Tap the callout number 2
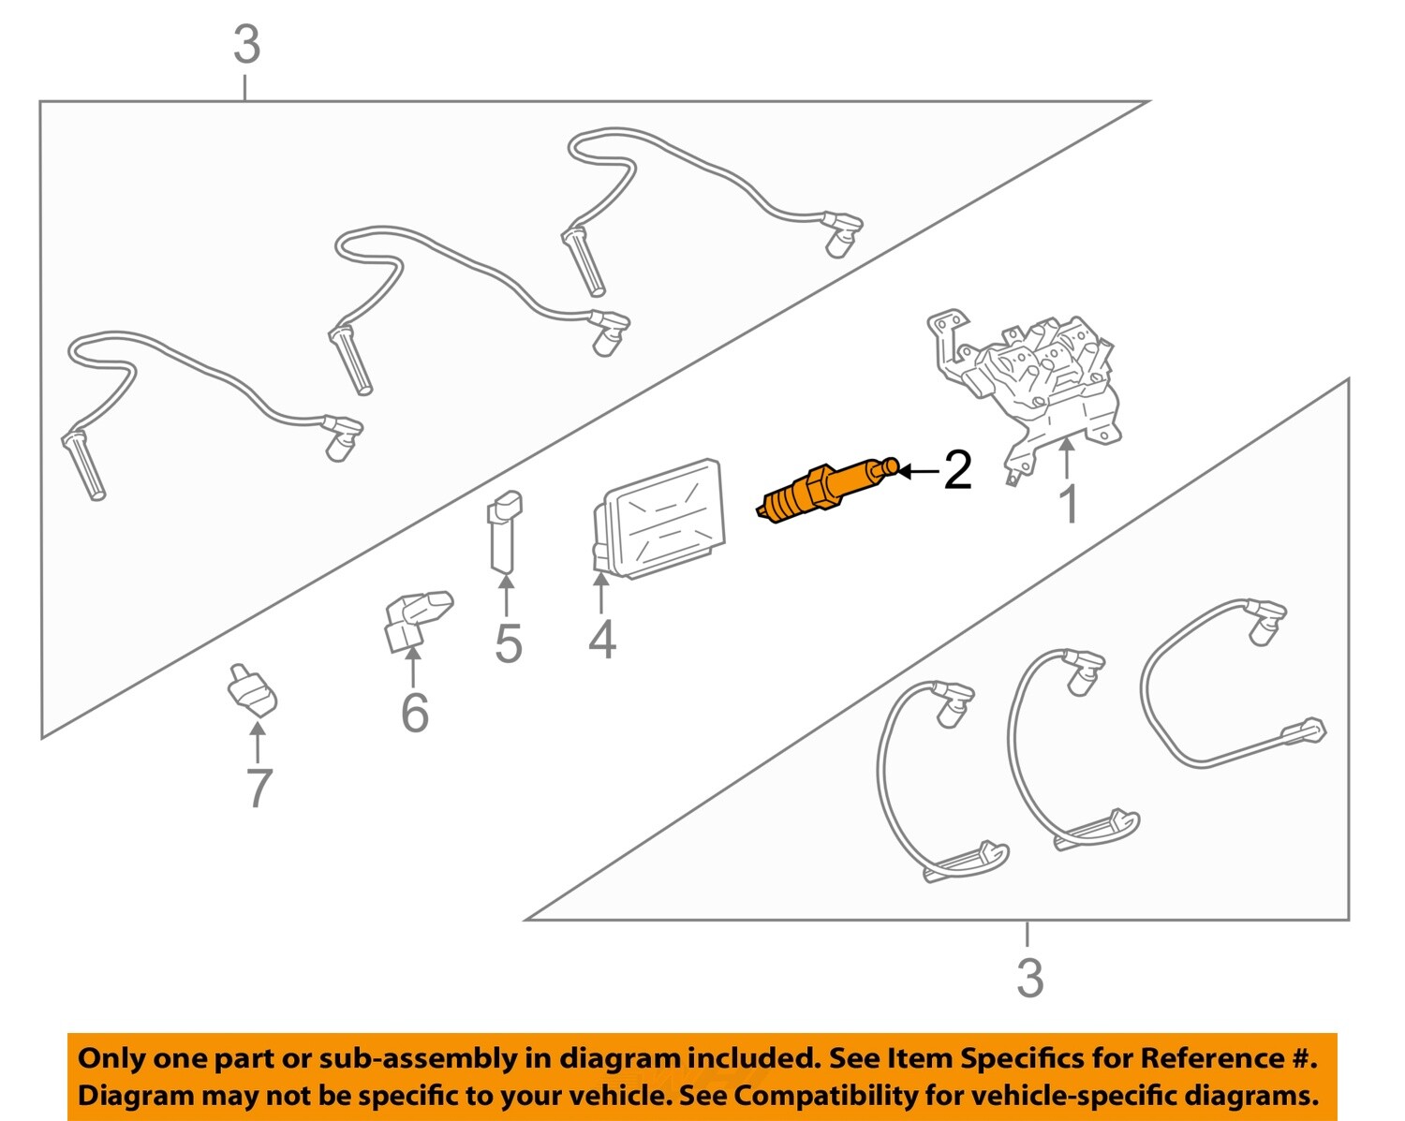point(957,470)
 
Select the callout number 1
point(1068,504)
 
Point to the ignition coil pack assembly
point(1030,379)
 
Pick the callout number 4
point(602,640)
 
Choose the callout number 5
point(508,643)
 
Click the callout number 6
point(414,713)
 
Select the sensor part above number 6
point(417,618)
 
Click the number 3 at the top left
point(246,45)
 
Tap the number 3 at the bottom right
point(1029,979)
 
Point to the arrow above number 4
point(600,594)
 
